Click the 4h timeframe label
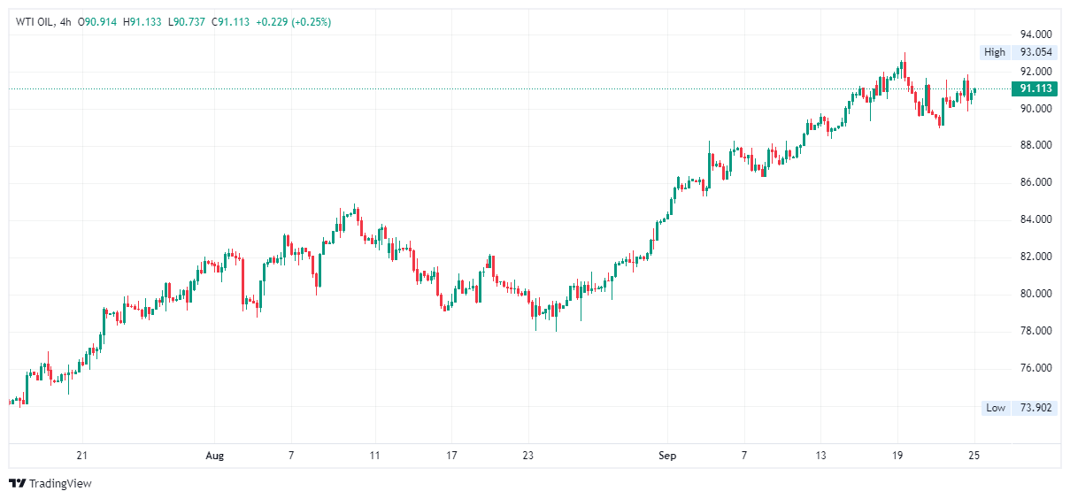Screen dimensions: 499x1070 click(x=64, y=22)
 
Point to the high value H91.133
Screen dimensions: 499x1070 click(x=142, y=22)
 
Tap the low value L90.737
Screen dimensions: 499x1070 click(x=187, y=22)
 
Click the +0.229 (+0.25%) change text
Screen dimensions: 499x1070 click(x=293, y=22)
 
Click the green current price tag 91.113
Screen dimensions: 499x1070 click(x=1035, y=88)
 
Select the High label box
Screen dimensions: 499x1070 click(x=995, y=52)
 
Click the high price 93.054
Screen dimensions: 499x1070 click(x=1035, y=52)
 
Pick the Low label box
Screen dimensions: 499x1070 click(x=996, y=408)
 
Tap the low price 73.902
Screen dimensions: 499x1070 click(x=1035, y=408)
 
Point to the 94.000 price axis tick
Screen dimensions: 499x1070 click(x=1035, y=34)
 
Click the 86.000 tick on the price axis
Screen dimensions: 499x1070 click(x=1035, y=182)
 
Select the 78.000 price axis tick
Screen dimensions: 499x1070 click(x=1035, y=331)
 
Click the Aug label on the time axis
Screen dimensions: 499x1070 click(x=214, y=456)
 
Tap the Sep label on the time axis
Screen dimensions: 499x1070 click(x=667, y=456)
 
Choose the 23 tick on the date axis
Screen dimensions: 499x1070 click(x=527, y=456)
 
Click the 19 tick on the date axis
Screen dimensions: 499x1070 click(x=897, y=456)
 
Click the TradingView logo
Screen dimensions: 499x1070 click(x=50, y=484)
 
